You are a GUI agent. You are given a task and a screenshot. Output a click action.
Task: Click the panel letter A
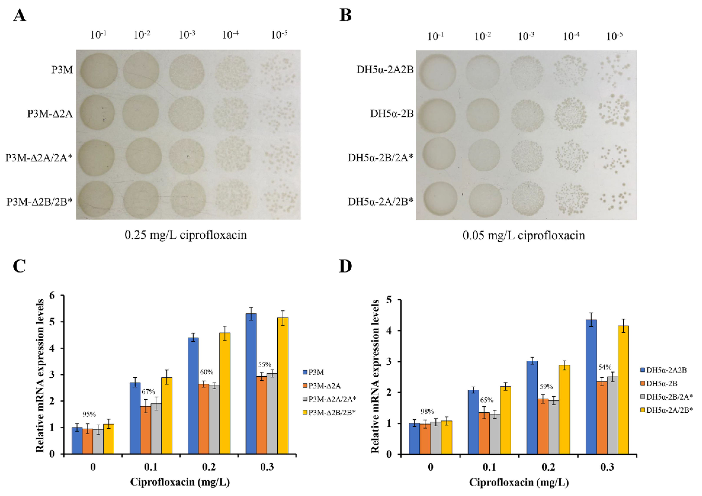(x=20, y=15)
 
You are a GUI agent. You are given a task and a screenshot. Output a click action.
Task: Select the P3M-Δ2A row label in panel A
(x=50, y=114)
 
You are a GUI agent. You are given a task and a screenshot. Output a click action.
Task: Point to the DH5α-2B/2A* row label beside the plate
(x=380, y=158)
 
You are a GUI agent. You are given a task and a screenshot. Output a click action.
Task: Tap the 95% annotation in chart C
(x=89, y=414)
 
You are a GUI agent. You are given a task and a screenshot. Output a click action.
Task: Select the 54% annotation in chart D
(x=605, y=367)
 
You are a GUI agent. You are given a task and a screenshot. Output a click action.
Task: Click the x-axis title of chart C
(x=180, y=482)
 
